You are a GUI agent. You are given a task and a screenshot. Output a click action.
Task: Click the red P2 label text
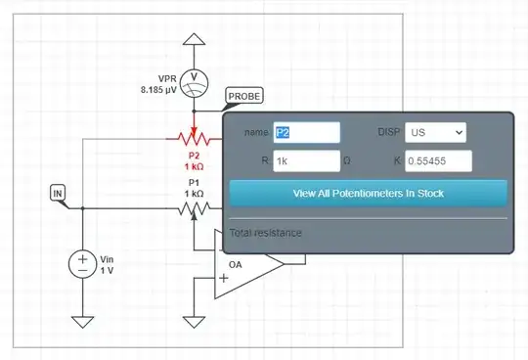click(x=193, y=155)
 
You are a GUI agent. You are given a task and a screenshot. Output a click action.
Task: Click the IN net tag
click(x=59, y=193)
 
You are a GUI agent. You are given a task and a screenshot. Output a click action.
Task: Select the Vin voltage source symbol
click(x=83, y=264)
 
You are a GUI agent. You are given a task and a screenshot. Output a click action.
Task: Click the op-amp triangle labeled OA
click(x=244, y=265)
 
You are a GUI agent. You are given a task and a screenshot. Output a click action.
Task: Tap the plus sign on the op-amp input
click(x=225, y=279)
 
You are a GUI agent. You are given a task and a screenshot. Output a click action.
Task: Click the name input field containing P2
click(x=305, y=132)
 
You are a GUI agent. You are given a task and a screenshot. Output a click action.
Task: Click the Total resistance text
click(x=266, y=233)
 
